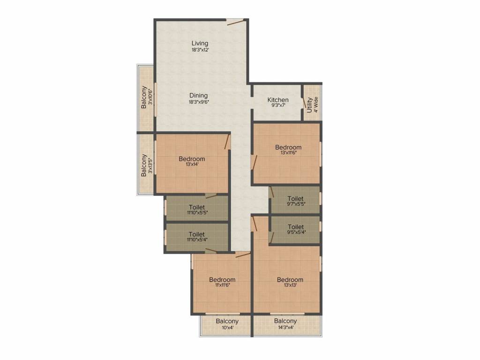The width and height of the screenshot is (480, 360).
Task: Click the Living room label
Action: coord(200,44)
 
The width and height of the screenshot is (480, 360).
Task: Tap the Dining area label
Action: coord(199,96)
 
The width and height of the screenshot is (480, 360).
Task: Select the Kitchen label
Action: coord(278,100)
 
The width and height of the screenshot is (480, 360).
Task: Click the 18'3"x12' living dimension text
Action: coord(200,50)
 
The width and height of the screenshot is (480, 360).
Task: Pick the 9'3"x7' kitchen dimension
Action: coord(278,106)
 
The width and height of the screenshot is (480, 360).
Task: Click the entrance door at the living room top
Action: coord(235,20)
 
